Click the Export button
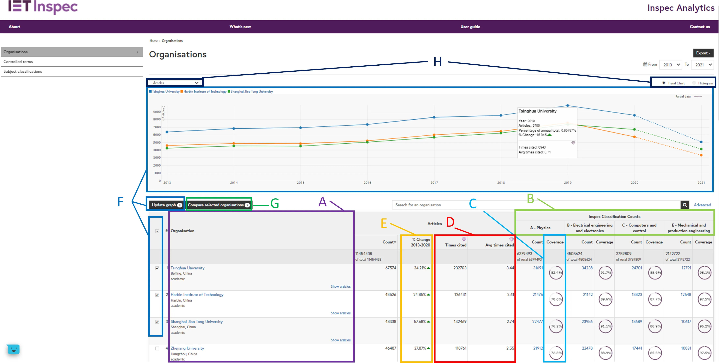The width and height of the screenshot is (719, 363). tap(703, 53)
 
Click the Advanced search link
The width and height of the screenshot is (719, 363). tap(702, 205)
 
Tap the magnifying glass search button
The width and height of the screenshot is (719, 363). tap(685, 205)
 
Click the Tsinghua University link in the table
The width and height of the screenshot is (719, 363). tap(187, 268)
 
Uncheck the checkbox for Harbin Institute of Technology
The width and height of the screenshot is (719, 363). tap(157, 295)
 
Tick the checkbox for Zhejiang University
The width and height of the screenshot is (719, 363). tap(157, 348)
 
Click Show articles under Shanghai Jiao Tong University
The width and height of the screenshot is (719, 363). tap(340, 340)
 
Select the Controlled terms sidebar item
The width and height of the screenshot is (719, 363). tap(18, 62)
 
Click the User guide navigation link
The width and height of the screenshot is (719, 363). tap(470, 27)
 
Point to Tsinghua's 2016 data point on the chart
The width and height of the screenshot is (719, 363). tap(367, 124)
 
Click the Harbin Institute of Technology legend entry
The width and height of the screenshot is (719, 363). tap(205, 92)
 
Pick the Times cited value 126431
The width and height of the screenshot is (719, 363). tap(460, 295)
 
